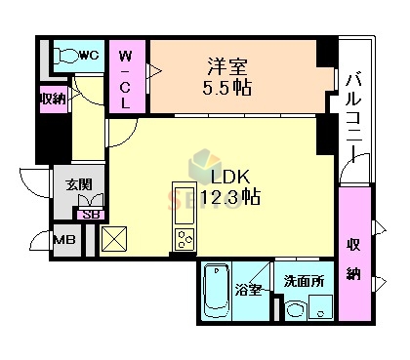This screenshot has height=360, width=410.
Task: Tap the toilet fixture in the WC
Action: coord(67,57)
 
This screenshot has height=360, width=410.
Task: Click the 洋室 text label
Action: coord(226,68)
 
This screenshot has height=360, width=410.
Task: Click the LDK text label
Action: coord(232,178)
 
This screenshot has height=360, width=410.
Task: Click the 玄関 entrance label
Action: coord(80,185)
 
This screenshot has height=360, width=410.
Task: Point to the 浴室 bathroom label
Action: coord(248,289)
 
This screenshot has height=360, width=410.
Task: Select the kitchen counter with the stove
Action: coord(184,217)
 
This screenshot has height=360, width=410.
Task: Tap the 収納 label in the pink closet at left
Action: coord(51,99)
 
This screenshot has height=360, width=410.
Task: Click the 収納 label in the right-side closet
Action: coord(355,258)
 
